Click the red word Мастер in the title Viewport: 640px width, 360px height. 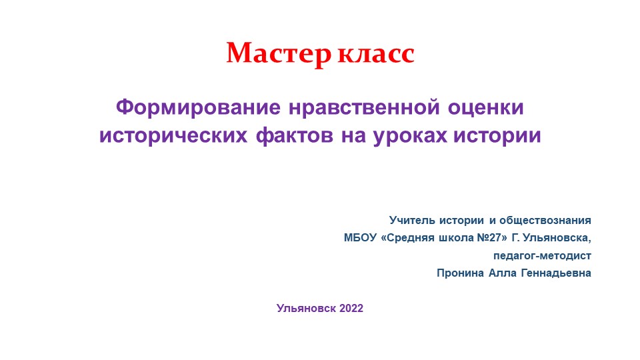point(277,53)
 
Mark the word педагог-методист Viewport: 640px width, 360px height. point(541,255)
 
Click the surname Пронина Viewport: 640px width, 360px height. point(459,273)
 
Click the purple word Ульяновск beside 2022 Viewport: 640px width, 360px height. point(307,308)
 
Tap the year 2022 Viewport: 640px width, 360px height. point(351,308)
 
